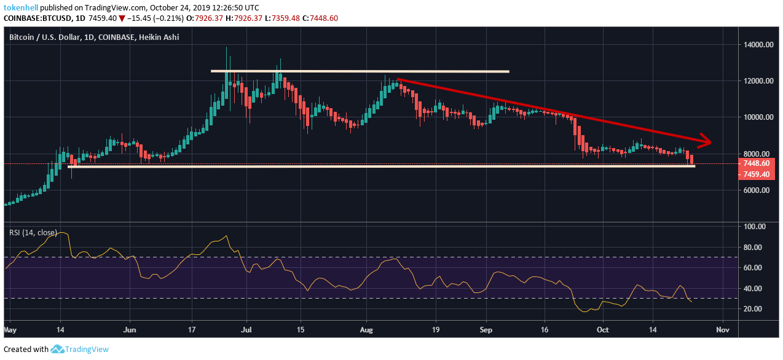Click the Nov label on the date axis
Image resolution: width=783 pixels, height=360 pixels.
723,329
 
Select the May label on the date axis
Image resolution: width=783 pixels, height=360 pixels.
10,329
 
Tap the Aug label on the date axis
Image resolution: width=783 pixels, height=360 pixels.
366,329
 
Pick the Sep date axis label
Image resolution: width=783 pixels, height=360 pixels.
486,329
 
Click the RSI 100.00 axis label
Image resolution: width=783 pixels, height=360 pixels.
753,227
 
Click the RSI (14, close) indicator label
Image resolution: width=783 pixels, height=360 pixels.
33,233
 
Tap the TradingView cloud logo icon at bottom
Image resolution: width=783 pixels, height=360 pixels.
58,349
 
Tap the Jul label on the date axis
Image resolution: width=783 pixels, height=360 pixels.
246,329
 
